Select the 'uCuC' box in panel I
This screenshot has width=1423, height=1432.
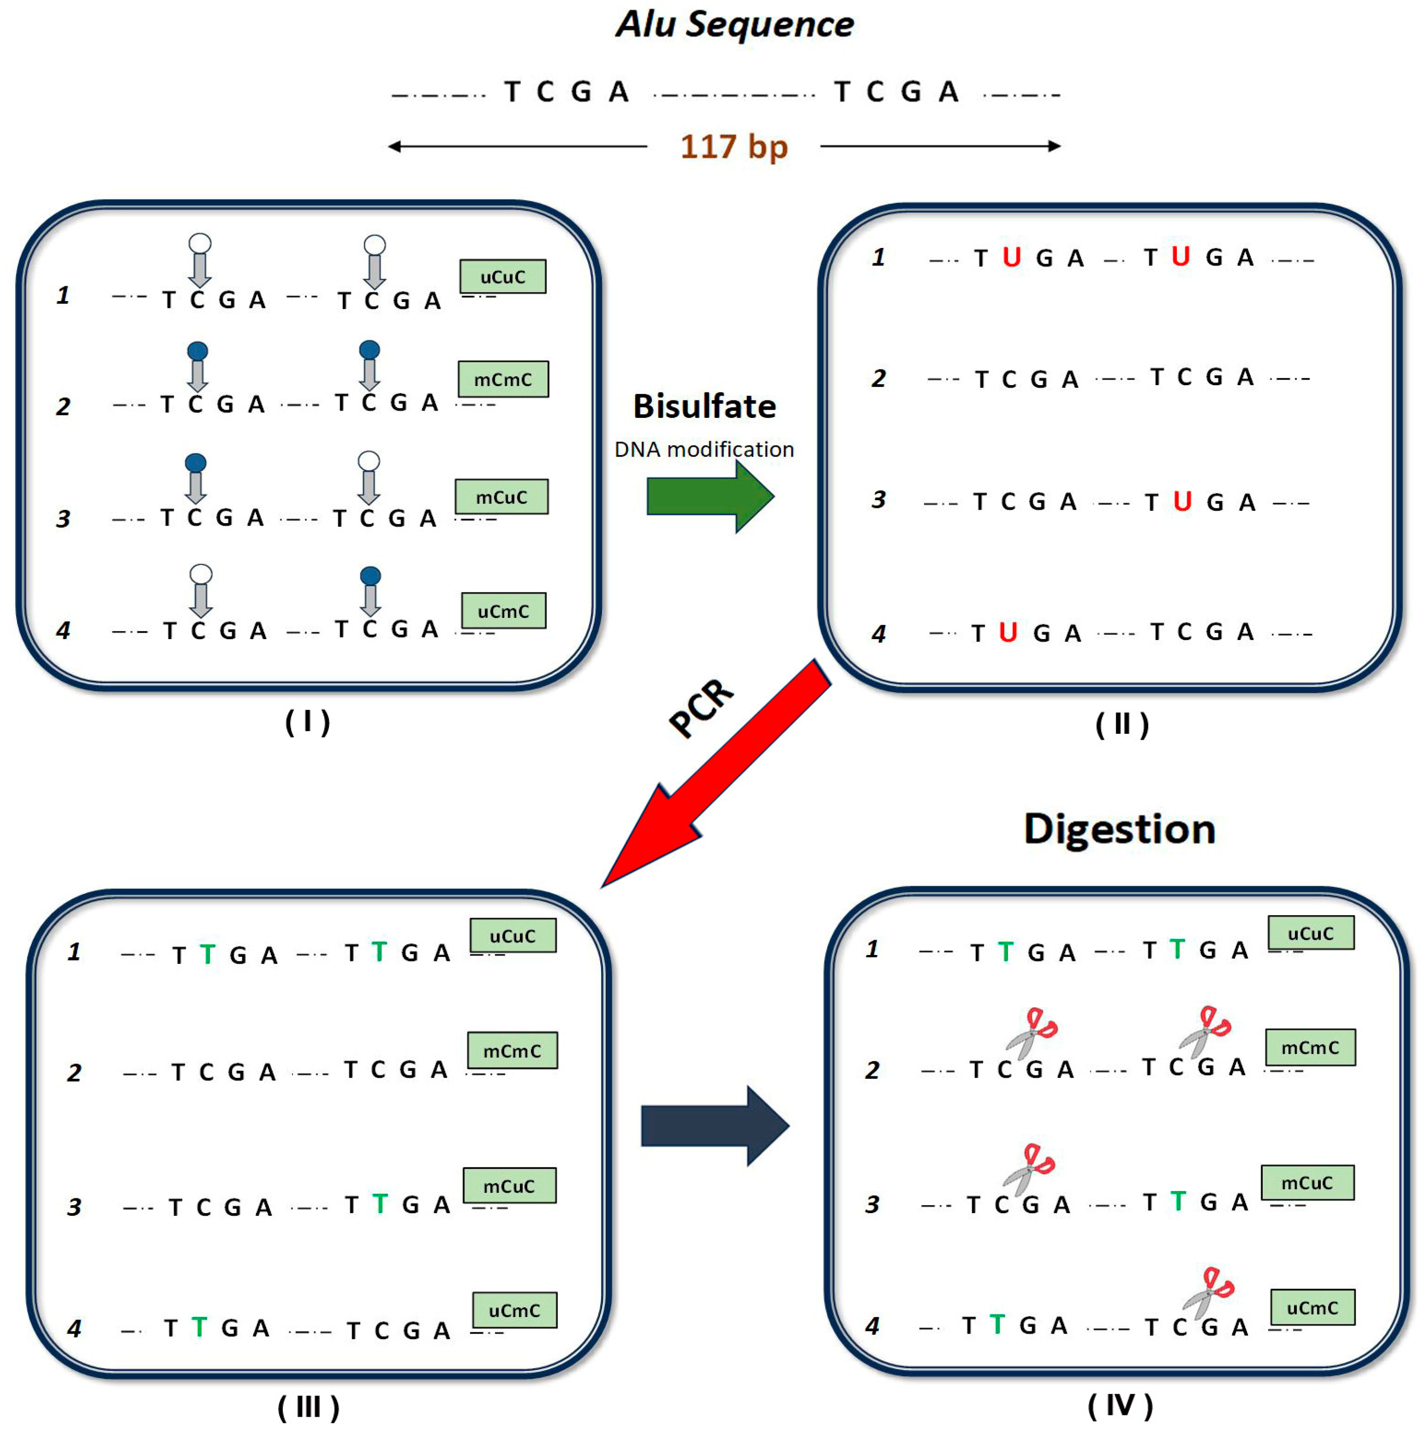click(x=502, y=277)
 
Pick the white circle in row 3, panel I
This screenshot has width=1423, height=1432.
click(x=369, y=461)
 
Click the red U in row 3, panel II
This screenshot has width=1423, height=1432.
click(x=1182, y=502)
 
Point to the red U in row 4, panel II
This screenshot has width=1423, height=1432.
click(x=1007, y=632)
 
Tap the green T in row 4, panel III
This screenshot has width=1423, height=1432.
click(x=199, y=1328)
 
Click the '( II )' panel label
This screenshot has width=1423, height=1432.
click(x=1121, y=724)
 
